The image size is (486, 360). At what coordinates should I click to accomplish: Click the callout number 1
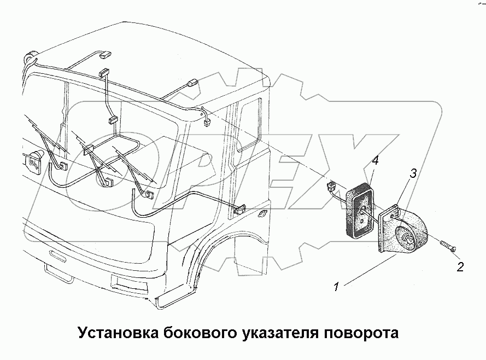pos(337,286)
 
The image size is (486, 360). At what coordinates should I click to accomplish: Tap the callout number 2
pos(460,267)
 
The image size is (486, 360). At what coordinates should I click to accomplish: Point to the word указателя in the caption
pos(282,333)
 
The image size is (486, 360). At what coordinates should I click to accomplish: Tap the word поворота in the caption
pos(362,333)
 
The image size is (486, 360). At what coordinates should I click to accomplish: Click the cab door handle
pos(264,213)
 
